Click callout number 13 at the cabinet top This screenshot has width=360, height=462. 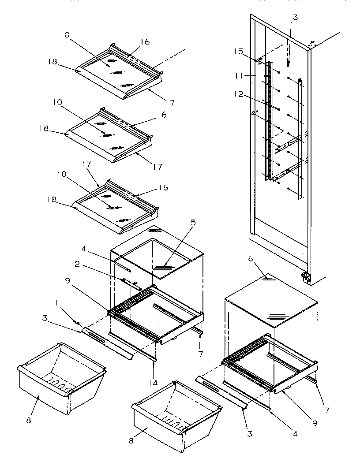coord(293,18)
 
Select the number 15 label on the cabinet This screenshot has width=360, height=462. coord(239,52)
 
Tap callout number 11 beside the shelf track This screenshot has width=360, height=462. coord(240,76)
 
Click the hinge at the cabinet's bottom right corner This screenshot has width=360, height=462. coord(305,278)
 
